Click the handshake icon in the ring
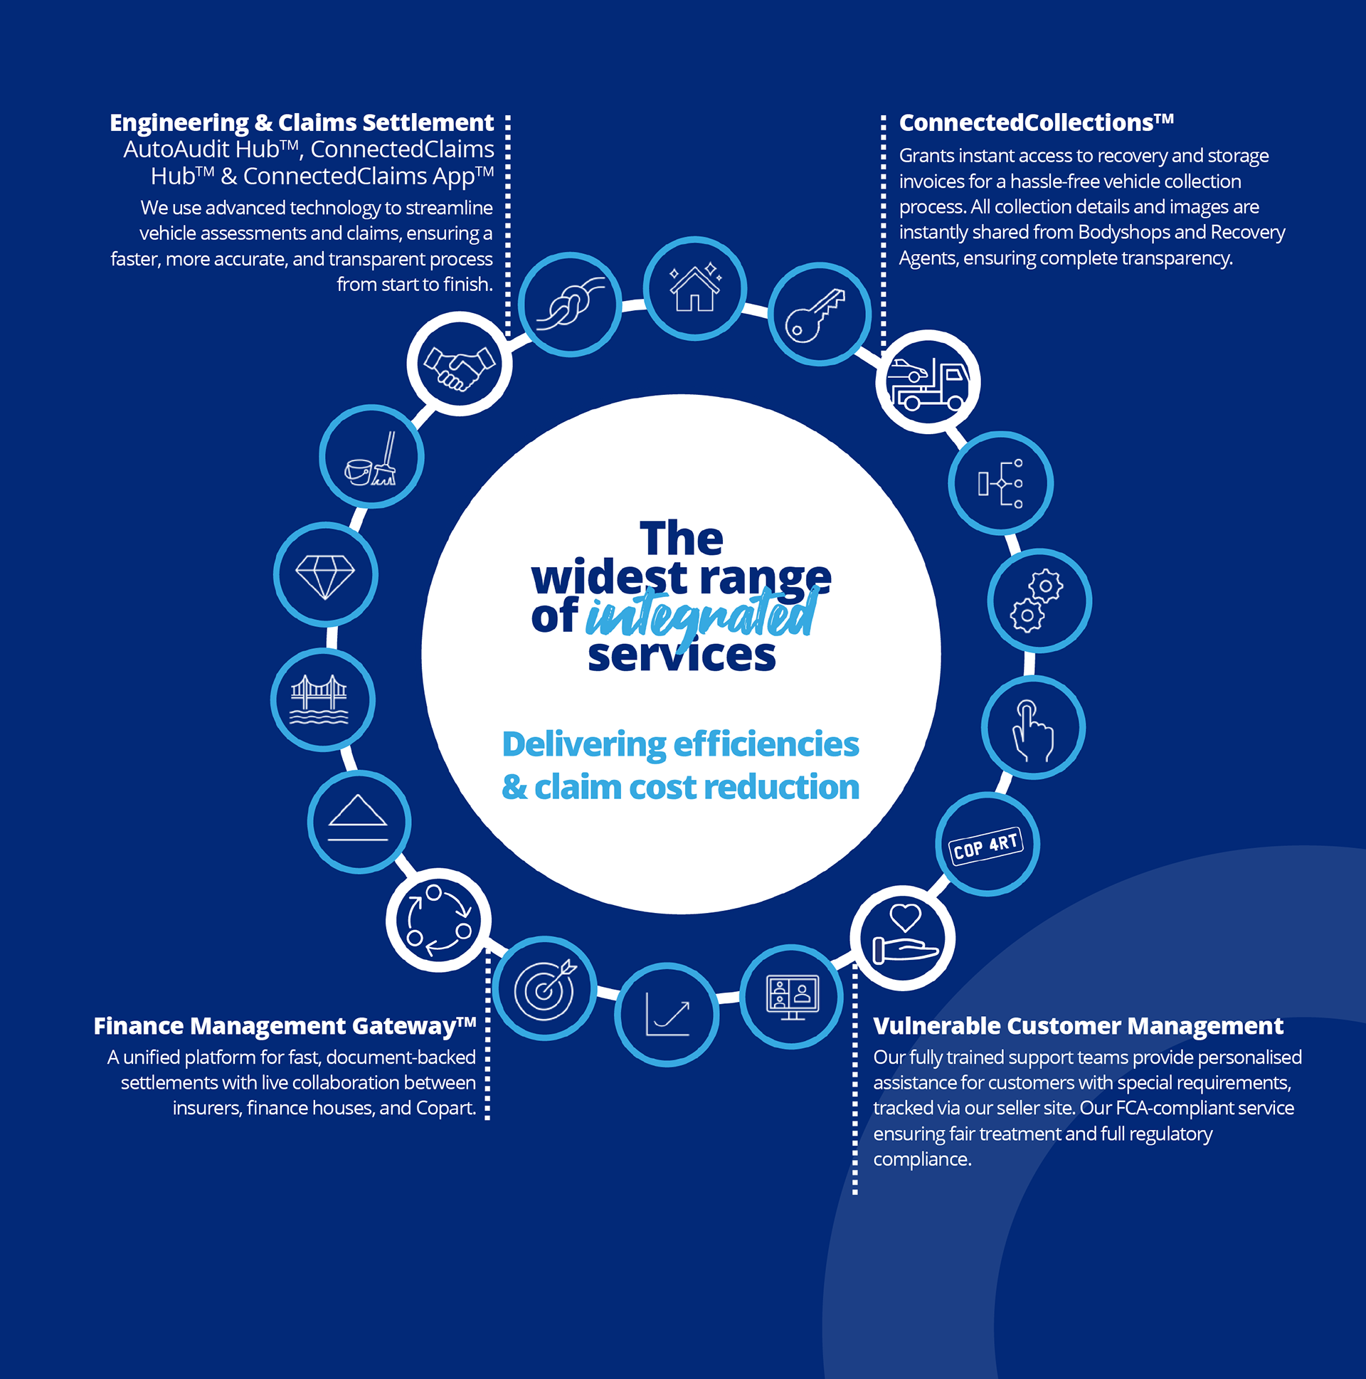[x=460, y=364]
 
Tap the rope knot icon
[x=571, y=303]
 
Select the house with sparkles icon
[x=695, y=288]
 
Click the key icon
[x=820, y=314]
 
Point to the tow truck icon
[x=928, y=382]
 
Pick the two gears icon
[x=1039, y=601]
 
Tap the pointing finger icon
[x=1033, y=728]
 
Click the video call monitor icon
[x=792, y=996]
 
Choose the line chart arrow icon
[x=667, y=1014]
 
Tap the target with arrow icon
[x=545, y=988]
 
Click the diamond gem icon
[x=325, y=575]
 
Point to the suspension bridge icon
[x=322, y=699]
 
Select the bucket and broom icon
[x=372, y=457]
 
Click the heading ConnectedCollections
[x=1036, y=123]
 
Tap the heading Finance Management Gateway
[x=285, y=1025]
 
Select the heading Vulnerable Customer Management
[x=1078, y=1025]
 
